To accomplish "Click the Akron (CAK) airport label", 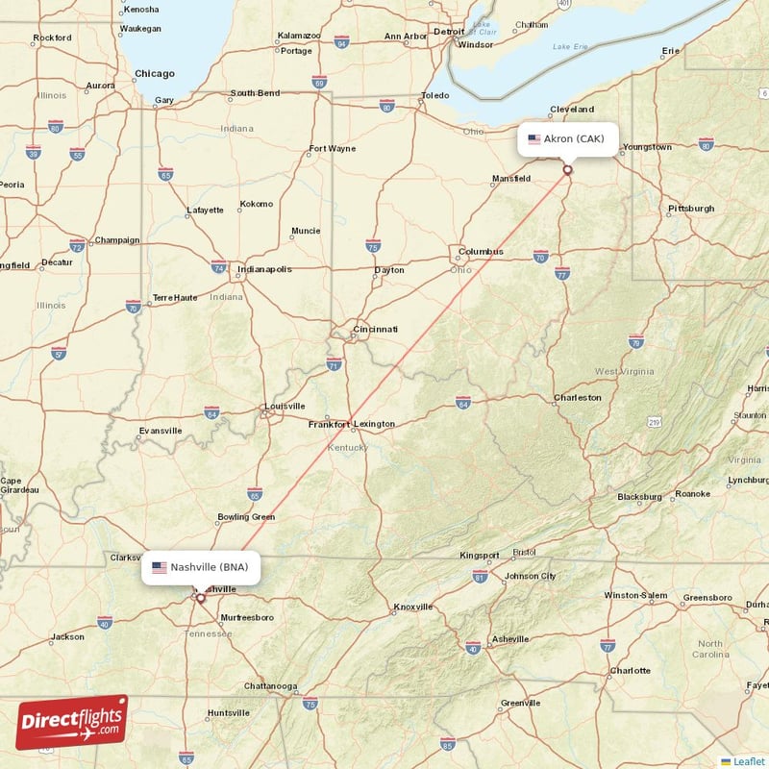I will click(567, 138).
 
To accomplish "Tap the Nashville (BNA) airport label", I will click(200, 567).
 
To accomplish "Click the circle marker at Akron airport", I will click(567, 170).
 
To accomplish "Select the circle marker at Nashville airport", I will click(200, 598).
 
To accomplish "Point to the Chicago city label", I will click(155, 73).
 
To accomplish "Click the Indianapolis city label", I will click(264, 269).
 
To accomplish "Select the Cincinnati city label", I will click(375, 329).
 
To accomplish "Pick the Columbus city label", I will click(481, 252).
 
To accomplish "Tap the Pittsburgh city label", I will click(691, 208).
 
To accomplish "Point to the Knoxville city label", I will click(411, 607).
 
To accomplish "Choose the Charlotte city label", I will click(630, 670).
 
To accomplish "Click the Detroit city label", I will click(448, 31).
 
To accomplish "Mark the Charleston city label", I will click(578, 397).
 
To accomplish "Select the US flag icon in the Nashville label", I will click(160, 567).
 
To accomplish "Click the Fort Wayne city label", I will click(332, 148).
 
